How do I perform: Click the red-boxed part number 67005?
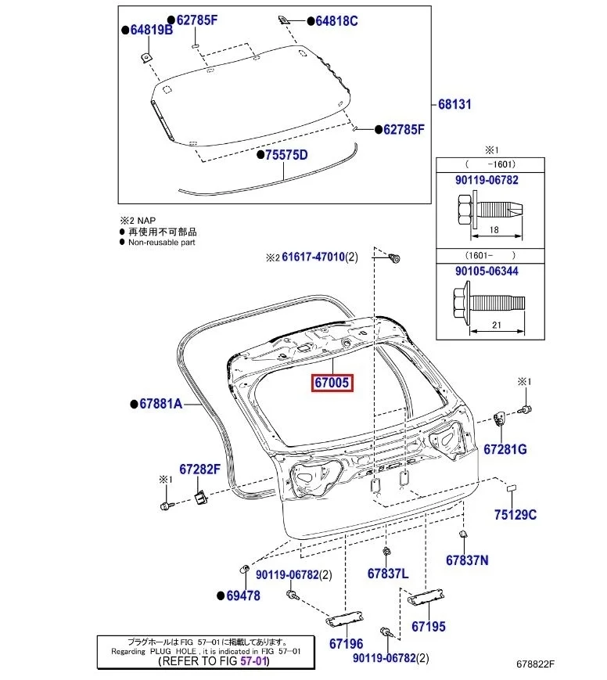point(332,383)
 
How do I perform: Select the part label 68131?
point(455,104)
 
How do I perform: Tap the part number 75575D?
point(286,155)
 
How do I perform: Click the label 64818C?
point(336,21)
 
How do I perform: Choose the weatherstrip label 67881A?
point(160,404)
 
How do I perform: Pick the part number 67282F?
point(200,470)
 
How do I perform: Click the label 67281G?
point(505,449)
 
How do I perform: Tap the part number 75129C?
point(515,514)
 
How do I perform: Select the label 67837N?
point(467,559)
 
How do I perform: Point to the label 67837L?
point(388,573)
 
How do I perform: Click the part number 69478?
point(243,595)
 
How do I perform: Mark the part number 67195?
point(428,626)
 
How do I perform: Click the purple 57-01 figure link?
point(253,661)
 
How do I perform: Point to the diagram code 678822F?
point(535,664)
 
